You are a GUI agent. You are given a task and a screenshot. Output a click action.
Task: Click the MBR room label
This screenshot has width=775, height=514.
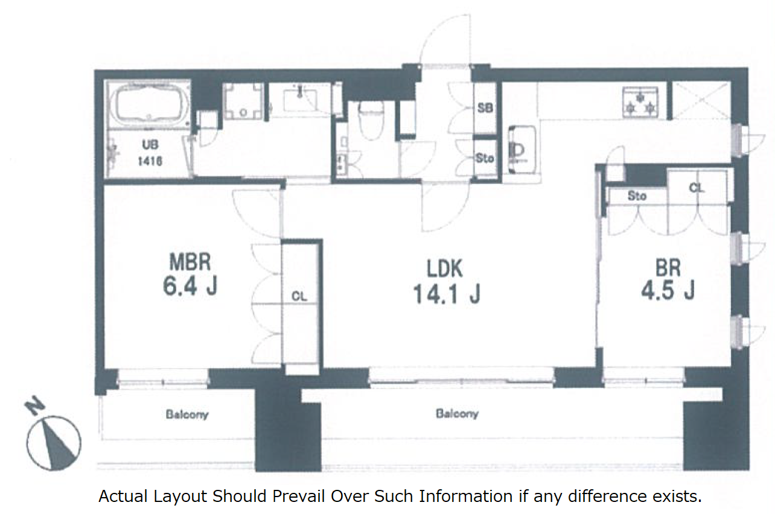190,262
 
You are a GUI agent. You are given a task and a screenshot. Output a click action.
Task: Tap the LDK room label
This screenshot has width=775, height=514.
445,268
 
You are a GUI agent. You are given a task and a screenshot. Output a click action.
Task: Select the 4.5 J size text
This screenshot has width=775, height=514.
668,290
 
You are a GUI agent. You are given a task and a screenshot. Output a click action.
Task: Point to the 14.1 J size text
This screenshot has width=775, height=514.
447,294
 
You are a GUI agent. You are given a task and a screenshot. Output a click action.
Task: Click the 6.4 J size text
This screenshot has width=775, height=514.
190,286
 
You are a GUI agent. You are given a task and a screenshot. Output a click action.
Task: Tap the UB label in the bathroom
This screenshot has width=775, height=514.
150,145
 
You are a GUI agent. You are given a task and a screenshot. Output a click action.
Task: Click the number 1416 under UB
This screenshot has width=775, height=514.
150,161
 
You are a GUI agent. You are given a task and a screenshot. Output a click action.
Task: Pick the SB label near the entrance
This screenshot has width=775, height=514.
485,108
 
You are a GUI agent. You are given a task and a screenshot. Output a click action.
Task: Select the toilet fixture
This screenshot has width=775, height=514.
371,119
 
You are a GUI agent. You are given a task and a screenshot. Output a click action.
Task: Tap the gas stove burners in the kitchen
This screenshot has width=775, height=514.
640,102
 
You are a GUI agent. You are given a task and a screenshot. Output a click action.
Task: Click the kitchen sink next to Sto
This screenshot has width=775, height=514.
522,150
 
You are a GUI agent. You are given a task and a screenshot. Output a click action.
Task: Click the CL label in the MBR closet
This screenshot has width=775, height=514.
299,296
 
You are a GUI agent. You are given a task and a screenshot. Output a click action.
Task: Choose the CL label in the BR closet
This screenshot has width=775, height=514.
697,188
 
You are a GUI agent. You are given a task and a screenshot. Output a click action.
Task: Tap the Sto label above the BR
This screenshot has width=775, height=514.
637,196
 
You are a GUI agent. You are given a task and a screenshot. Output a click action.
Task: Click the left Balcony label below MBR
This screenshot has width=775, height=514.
187,414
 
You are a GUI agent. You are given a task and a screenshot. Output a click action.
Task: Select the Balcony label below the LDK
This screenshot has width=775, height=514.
457,413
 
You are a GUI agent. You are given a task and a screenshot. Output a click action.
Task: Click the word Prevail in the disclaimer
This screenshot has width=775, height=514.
299,496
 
